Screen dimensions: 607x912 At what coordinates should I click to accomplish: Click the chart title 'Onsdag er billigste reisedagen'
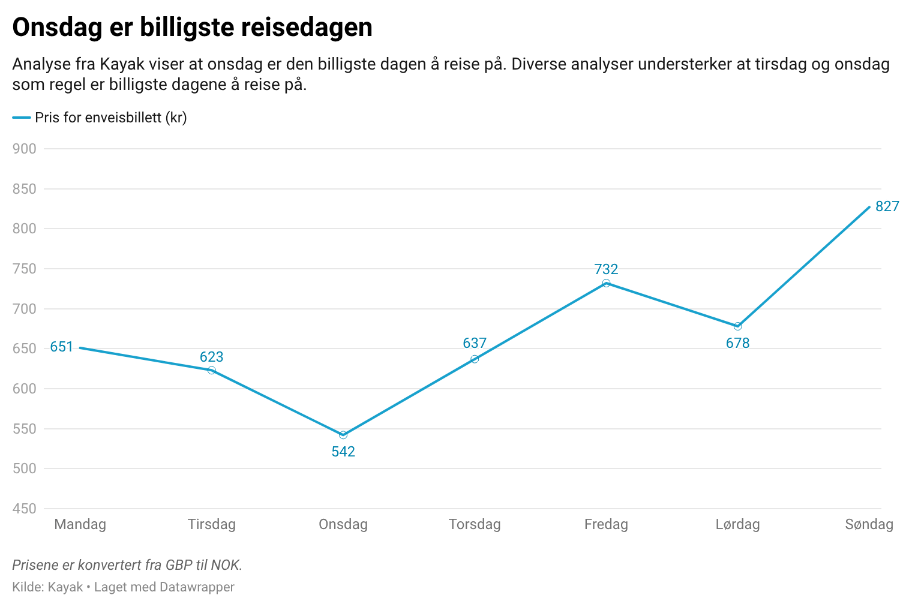point(192,28)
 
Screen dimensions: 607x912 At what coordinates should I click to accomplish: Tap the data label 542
point(343,451)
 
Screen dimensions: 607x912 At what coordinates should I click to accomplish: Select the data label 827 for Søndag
point(886,206)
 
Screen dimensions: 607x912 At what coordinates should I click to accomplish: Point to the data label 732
point(606,269)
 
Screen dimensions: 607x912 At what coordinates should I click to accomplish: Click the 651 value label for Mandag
point(61,347)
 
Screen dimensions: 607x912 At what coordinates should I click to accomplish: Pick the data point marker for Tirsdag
point(211,371)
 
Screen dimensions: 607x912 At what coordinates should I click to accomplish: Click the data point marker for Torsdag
point(475,359)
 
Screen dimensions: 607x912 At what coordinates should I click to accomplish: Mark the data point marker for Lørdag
point(737,326)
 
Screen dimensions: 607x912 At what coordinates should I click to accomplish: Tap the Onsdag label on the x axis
point(343,525)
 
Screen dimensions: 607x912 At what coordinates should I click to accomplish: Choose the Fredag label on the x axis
point(606,525)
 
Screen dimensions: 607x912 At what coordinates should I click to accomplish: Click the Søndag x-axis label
point(869,525)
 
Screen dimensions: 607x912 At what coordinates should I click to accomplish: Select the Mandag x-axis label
point(80,525)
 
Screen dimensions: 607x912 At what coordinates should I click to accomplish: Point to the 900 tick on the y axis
point(24,149)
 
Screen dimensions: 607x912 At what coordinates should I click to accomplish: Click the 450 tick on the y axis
point(24,509)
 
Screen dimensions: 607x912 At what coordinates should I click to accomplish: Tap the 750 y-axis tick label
point(24,269)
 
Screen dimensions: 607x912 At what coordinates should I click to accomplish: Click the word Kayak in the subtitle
point(122,64)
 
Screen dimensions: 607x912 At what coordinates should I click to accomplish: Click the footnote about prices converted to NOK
point(127,565)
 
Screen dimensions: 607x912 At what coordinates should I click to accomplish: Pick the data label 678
point(737,343)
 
